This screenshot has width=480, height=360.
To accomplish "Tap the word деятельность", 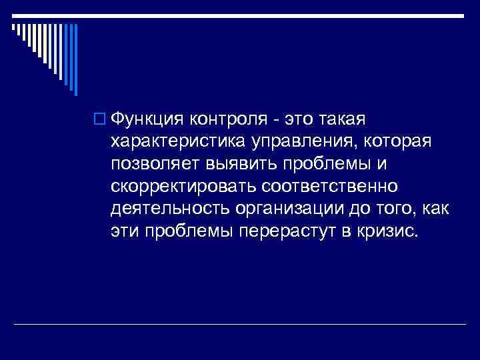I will click(x=169, y=209).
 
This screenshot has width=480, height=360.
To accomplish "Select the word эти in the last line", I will click(x=123, y=232).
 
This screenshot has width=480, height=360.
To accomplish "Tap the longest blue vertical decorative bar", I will click(x=75, y=60).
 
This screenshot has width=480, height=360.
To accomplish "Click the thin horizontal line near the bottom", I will click(x=240, y=324).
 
